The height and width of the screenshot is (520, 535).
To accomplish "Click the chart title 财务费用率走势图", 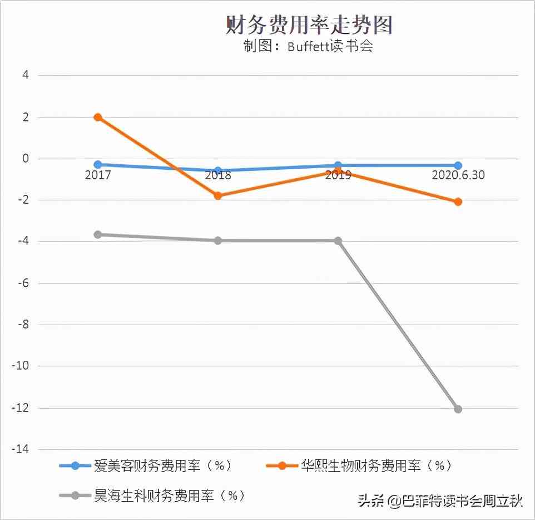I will point(309,24).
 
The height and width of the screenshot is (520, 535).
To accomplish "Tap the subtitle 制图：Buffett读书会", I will point(308,46).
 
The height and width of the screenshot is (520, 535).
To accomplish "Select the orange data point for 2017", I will point(98,117).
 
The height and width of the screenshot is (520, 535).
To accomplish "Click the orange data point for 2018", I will point(218,195).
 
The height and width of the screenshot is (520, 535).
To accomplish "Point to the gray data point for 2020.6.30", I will point(458,409).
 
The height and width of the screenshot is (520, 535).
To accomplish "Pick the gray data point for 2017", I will point(98,234).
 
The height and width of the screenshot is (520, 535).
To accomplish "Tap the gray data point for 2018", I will point(218,241).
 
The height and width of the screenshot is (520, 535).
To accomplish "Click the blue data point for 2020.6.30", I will point(458,165).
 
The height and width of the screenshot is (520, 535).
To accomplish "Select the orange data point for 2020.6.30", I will point(458,202).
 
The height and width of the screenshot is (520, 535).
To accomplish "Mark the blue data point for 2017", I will point(98,165).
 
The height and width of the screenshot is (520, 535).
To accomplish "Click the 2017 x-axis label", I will point(98,175).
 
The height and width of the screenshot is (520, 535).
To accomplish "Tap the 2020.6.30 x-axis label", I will point(458,175).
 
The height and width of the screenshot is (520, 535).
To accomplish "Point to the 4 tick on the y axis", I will point(26,75).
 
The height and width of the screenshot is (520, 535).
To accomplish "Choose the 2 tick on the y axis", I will point(26,117).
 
